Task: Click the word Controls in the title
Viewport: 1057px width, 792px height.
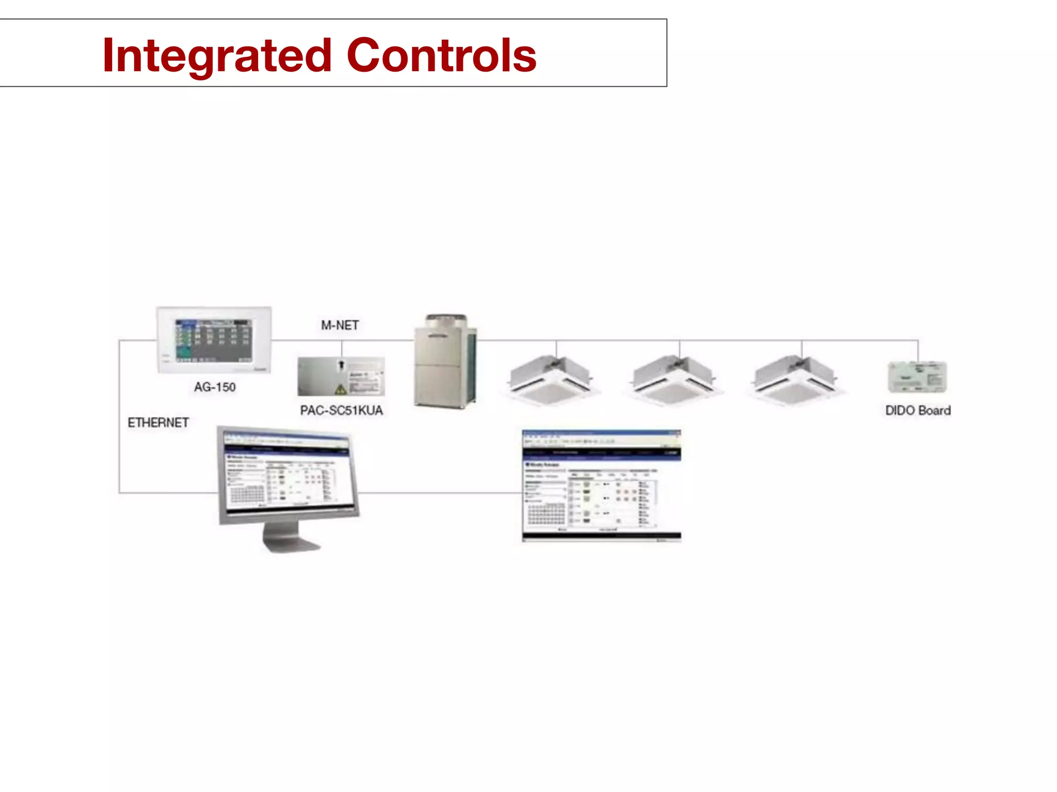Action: pyautogui.click(x=442, y=56)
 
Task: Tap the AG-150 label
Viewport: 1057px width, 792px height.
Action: pyautogui.click(x=215, y=387)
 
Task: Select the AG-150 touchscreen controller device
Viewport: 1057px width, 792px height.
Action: pyautogui.click(x=214, y=340)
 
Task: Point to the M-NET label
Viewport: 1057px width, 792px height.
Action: pyautogui.click(x=340, y=325)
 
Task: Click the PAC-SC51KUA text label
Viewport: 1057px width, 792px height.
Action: pyautogui.click(x=342, y=410)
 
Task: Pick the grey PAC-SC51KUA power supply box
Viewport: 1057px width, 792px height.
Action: pyautogui.click(x=341, y=376)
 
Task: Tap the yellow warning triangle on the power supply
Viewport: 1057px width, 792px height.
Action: pyautogui.click(x=341, y=389)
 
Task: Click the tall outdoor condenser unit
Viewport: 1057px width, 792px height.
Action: pyautogui.click(x=446, y=361)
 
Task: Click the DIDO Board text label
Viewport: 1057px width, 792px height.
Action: pyautogui.click(x=918, y=410)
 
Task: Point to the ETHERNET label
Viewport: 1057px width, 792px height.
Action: pyautogui.click(x=158, y=423)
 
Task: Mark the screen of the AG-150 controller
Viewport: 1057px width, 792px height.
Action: pyautogui.click(x=213, y=340)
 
